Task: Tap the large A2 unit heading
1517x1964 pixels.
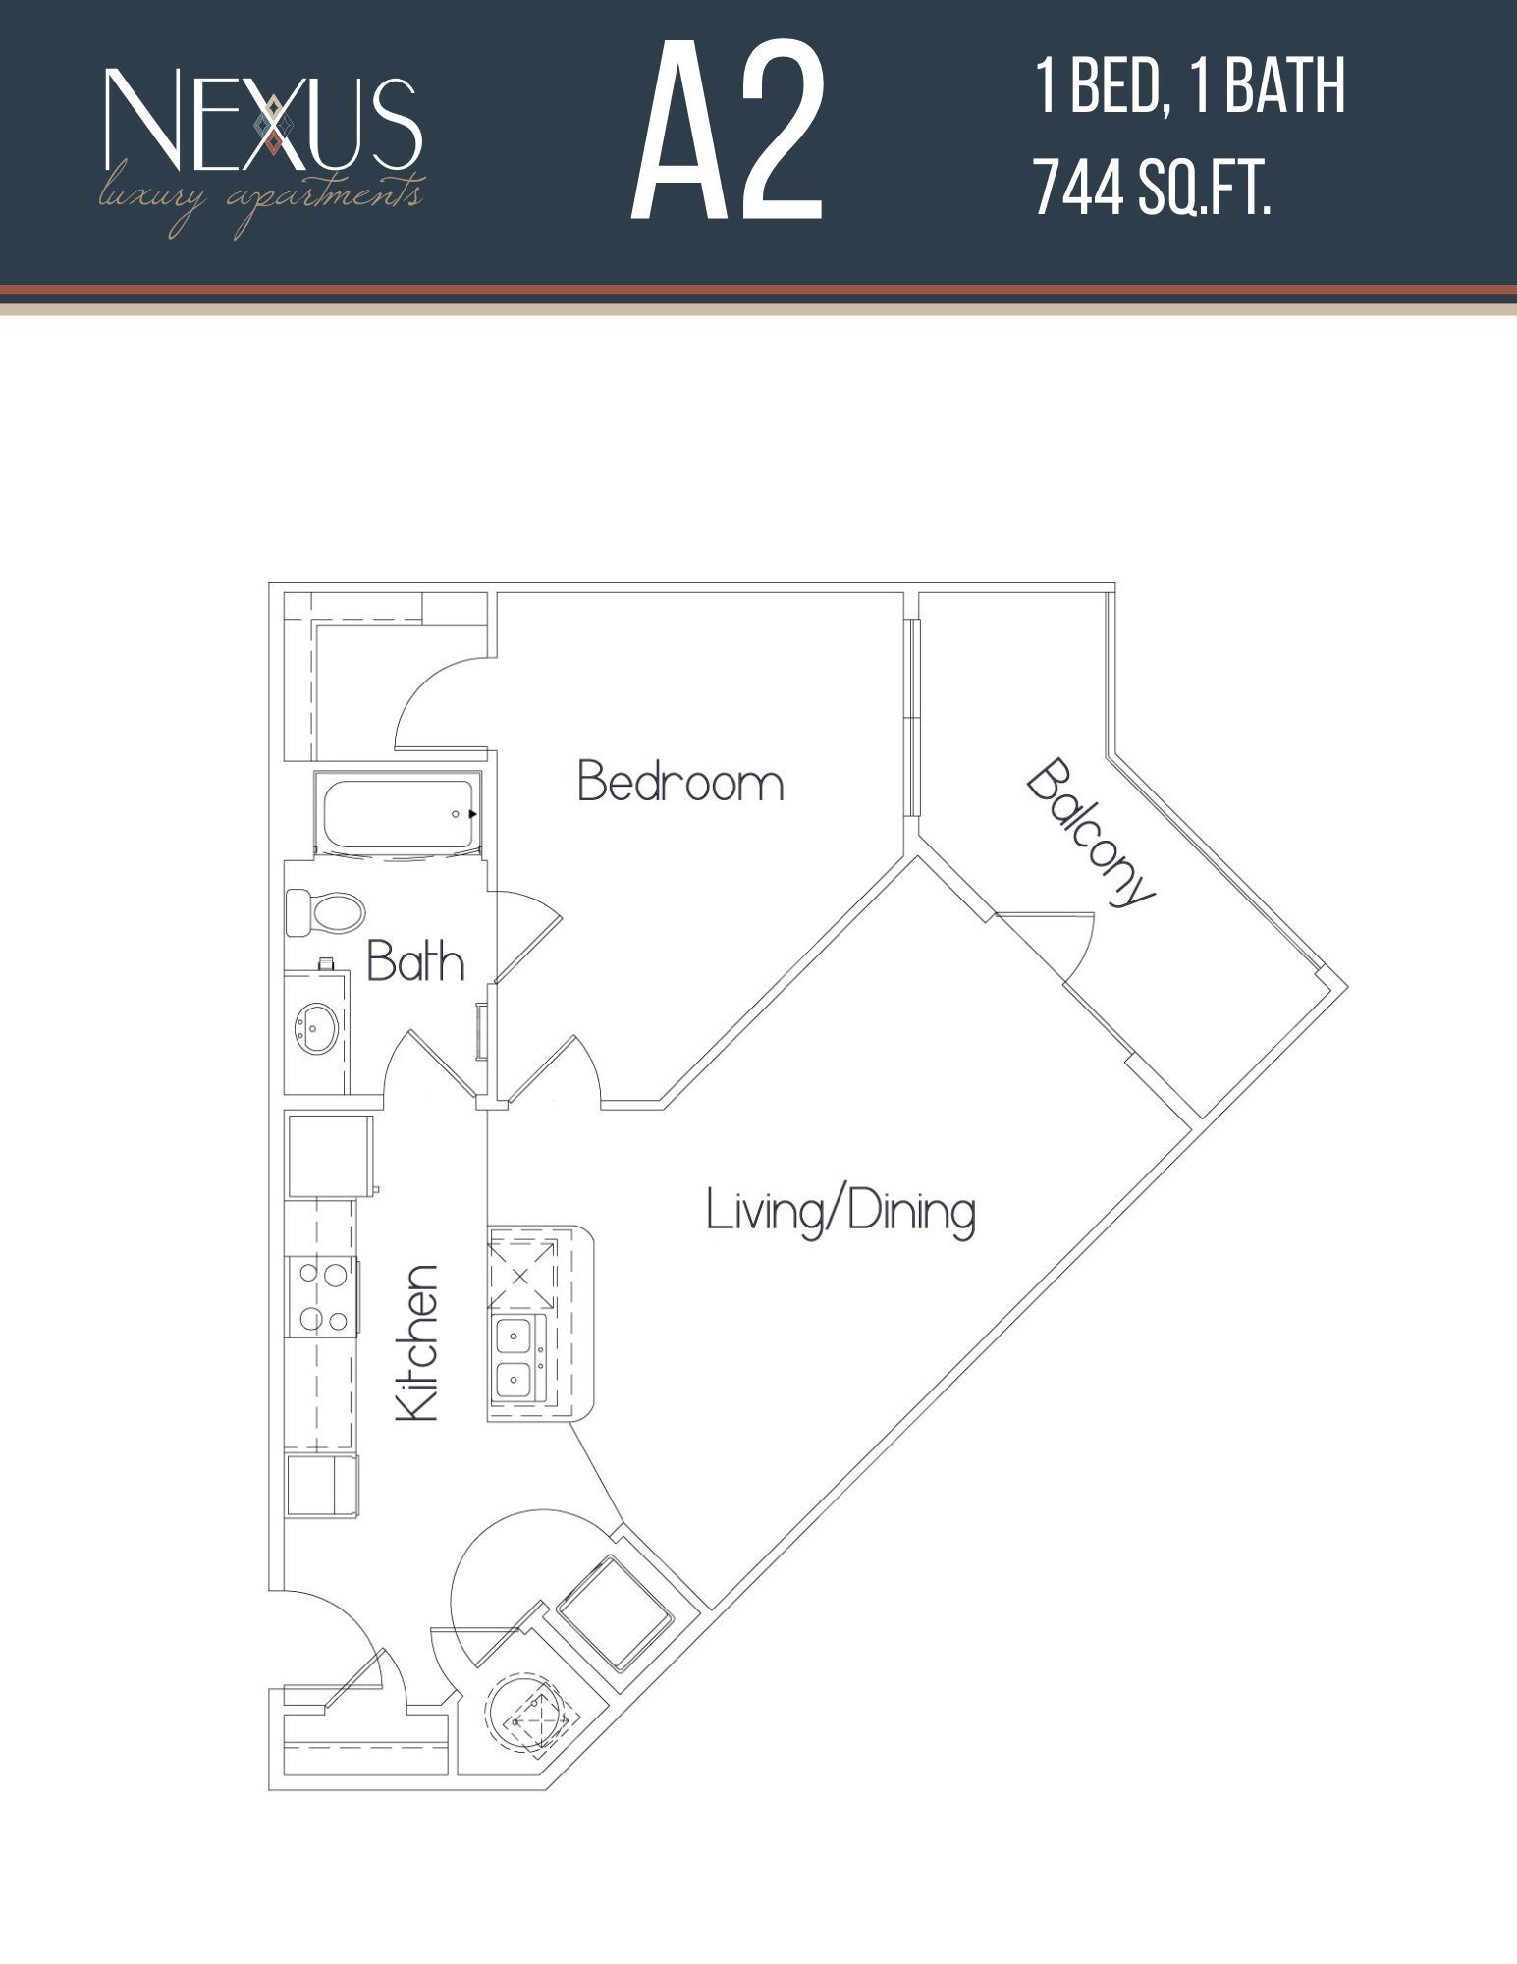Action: click(x=727, y=133)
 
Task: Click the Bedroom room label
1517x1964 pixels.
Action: click(x=680, y=783)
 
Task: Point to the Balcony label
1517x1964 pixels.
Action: click(x=1090, y=833)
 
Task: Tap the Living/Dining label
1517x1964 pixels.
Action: click(x=840, y=1211)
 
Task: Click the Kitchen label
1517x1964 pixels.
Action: click(x=416, y=1341)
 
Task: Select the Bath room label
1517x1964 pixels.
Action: click(x=415, y=961)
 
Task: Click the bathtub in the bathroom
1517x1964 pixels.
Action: click(x=398, y=814)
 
